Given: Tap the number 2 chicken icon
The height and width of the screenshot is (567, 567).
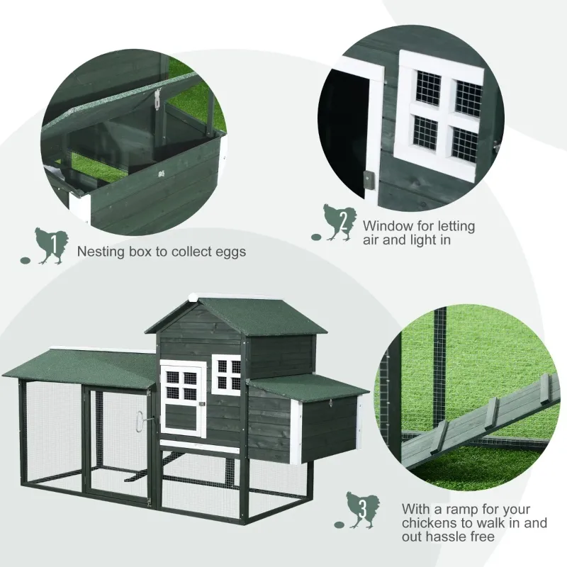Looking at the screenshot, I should click(339, 223).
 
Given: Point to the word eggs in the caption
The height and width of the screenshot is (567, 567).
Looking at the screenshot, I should click(228, 252).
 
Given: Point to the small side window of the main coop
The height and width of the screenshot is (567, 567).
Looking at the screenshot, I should click(228, 374).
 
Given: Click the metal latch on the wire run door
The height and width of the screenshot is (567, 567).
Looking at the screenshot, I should click(142, 420).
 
